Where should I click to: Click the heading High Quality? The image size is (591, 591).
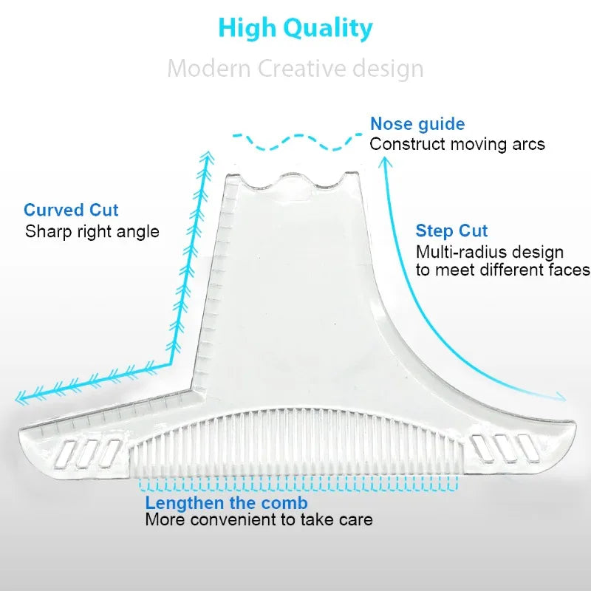(295, 28)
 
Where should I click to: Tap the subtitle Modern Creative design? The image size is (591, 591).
(295, 69)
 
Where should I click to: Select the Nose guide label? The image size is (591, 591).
(417, 124)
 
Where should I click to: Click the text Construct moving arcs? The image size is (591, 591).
(457, 143)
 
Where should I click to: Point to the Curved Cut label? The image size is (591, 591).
(71, 211)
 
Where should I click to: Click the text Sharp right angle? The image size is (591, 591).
(92, 231)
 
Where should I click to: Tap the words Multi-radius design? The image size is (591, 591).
(489, 253)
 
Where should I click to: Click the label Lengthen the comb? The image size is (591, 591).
(226, 503)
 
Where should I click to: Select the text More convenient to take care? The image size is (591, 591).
(259, 520)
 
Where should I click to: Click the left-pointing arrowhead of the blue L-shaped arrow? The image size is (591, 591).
(21, 397)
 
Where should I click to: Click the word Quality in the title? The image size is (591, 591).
(336, 28)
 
